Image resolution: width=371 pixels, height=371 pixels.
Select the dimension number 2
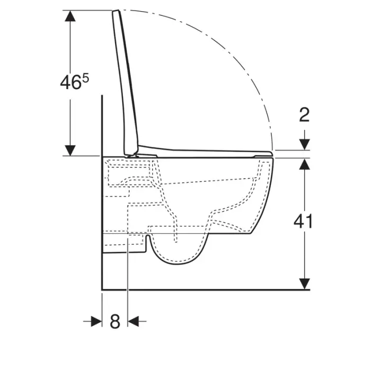pos(304,114)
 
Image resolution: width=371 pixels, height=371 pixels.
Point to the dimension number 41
pos(303,222)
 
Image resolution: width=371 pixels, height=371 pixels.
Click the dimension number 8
pos(115,321)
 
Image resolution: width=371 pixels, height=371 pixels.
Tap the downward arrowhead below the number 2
pos(304,144)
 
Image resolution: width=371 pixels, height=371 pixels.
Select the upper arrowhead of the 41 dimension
pos(304,164)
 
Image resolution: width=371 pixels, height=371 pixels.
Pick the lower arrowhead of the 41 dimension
pos(304,284)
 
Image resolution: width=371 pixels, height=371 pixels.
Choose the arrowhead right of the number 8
pos(134,321)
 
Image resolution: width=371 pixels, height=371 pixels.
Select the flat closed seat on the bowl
pos(207,153)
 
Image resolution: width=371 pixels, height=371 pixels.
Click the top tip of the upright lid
pos(116,11)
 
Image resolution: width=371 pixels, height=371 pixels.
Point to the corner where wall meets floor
pos(102,289)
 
